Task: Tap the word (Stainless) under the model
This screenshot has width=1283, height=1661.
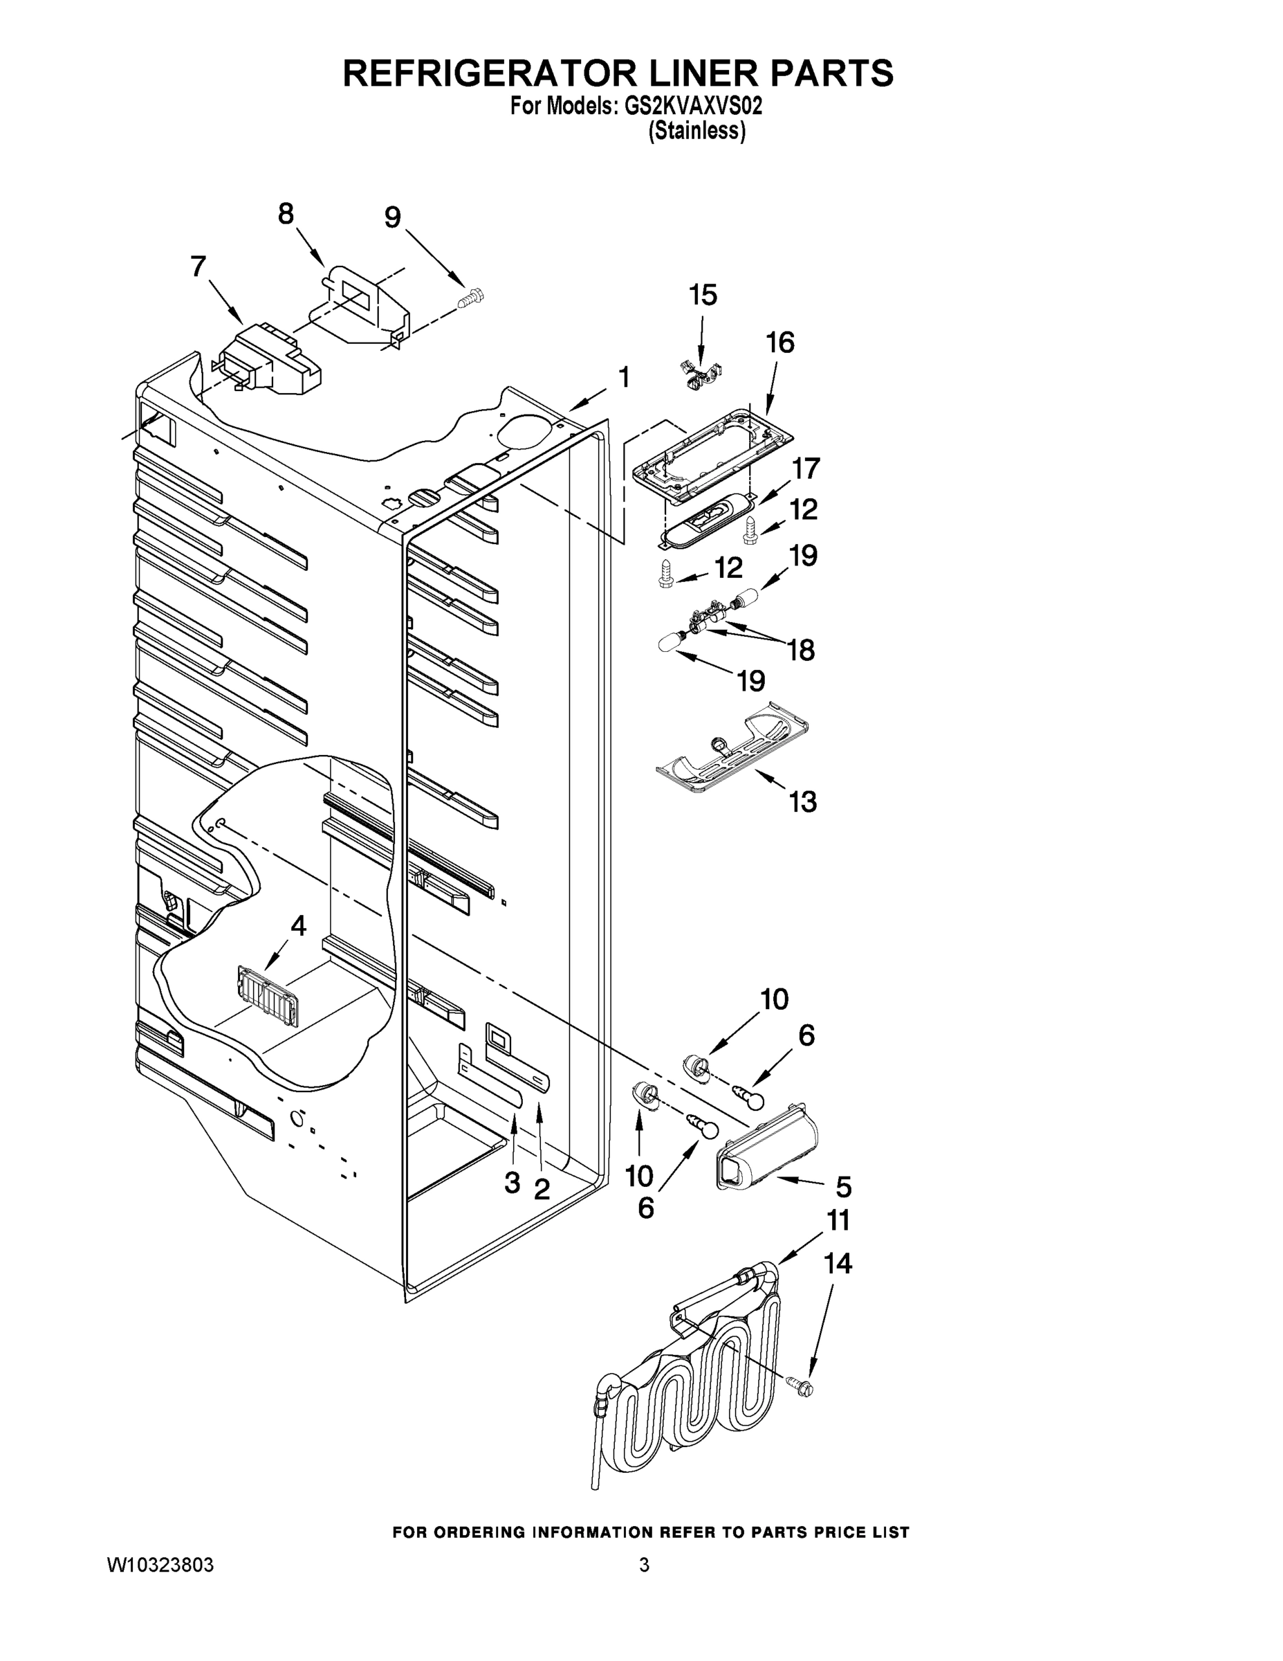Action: pyautogui.click(x=696, y=131)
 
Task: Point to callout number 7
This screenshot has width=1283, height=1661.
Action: pyautogui.click(x=198, y=268)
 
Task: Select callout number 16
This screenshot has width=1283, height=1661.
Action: pyautogui.click(x=780, y=343)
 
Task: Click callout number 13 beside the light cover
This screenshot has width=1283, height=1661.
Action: pyautogui.click(x=802, y=801)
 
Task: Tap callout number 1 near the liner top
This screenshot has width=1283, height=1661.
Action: pyautogui.click(x=623, y=377)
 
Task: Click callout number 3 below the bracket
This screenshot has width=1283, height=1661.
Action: pyautogui.click(x=513, y=1182)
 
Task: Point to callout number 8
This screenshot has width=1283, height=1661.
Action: pyautogui.click(x=286, y=215)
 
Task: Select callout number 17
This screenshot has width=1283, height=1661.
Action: pyautogui.click(x=806, y=469)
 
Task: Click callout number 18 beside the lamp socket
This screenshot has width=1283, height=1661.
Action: pyautogui.click(x=801, y=651)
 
